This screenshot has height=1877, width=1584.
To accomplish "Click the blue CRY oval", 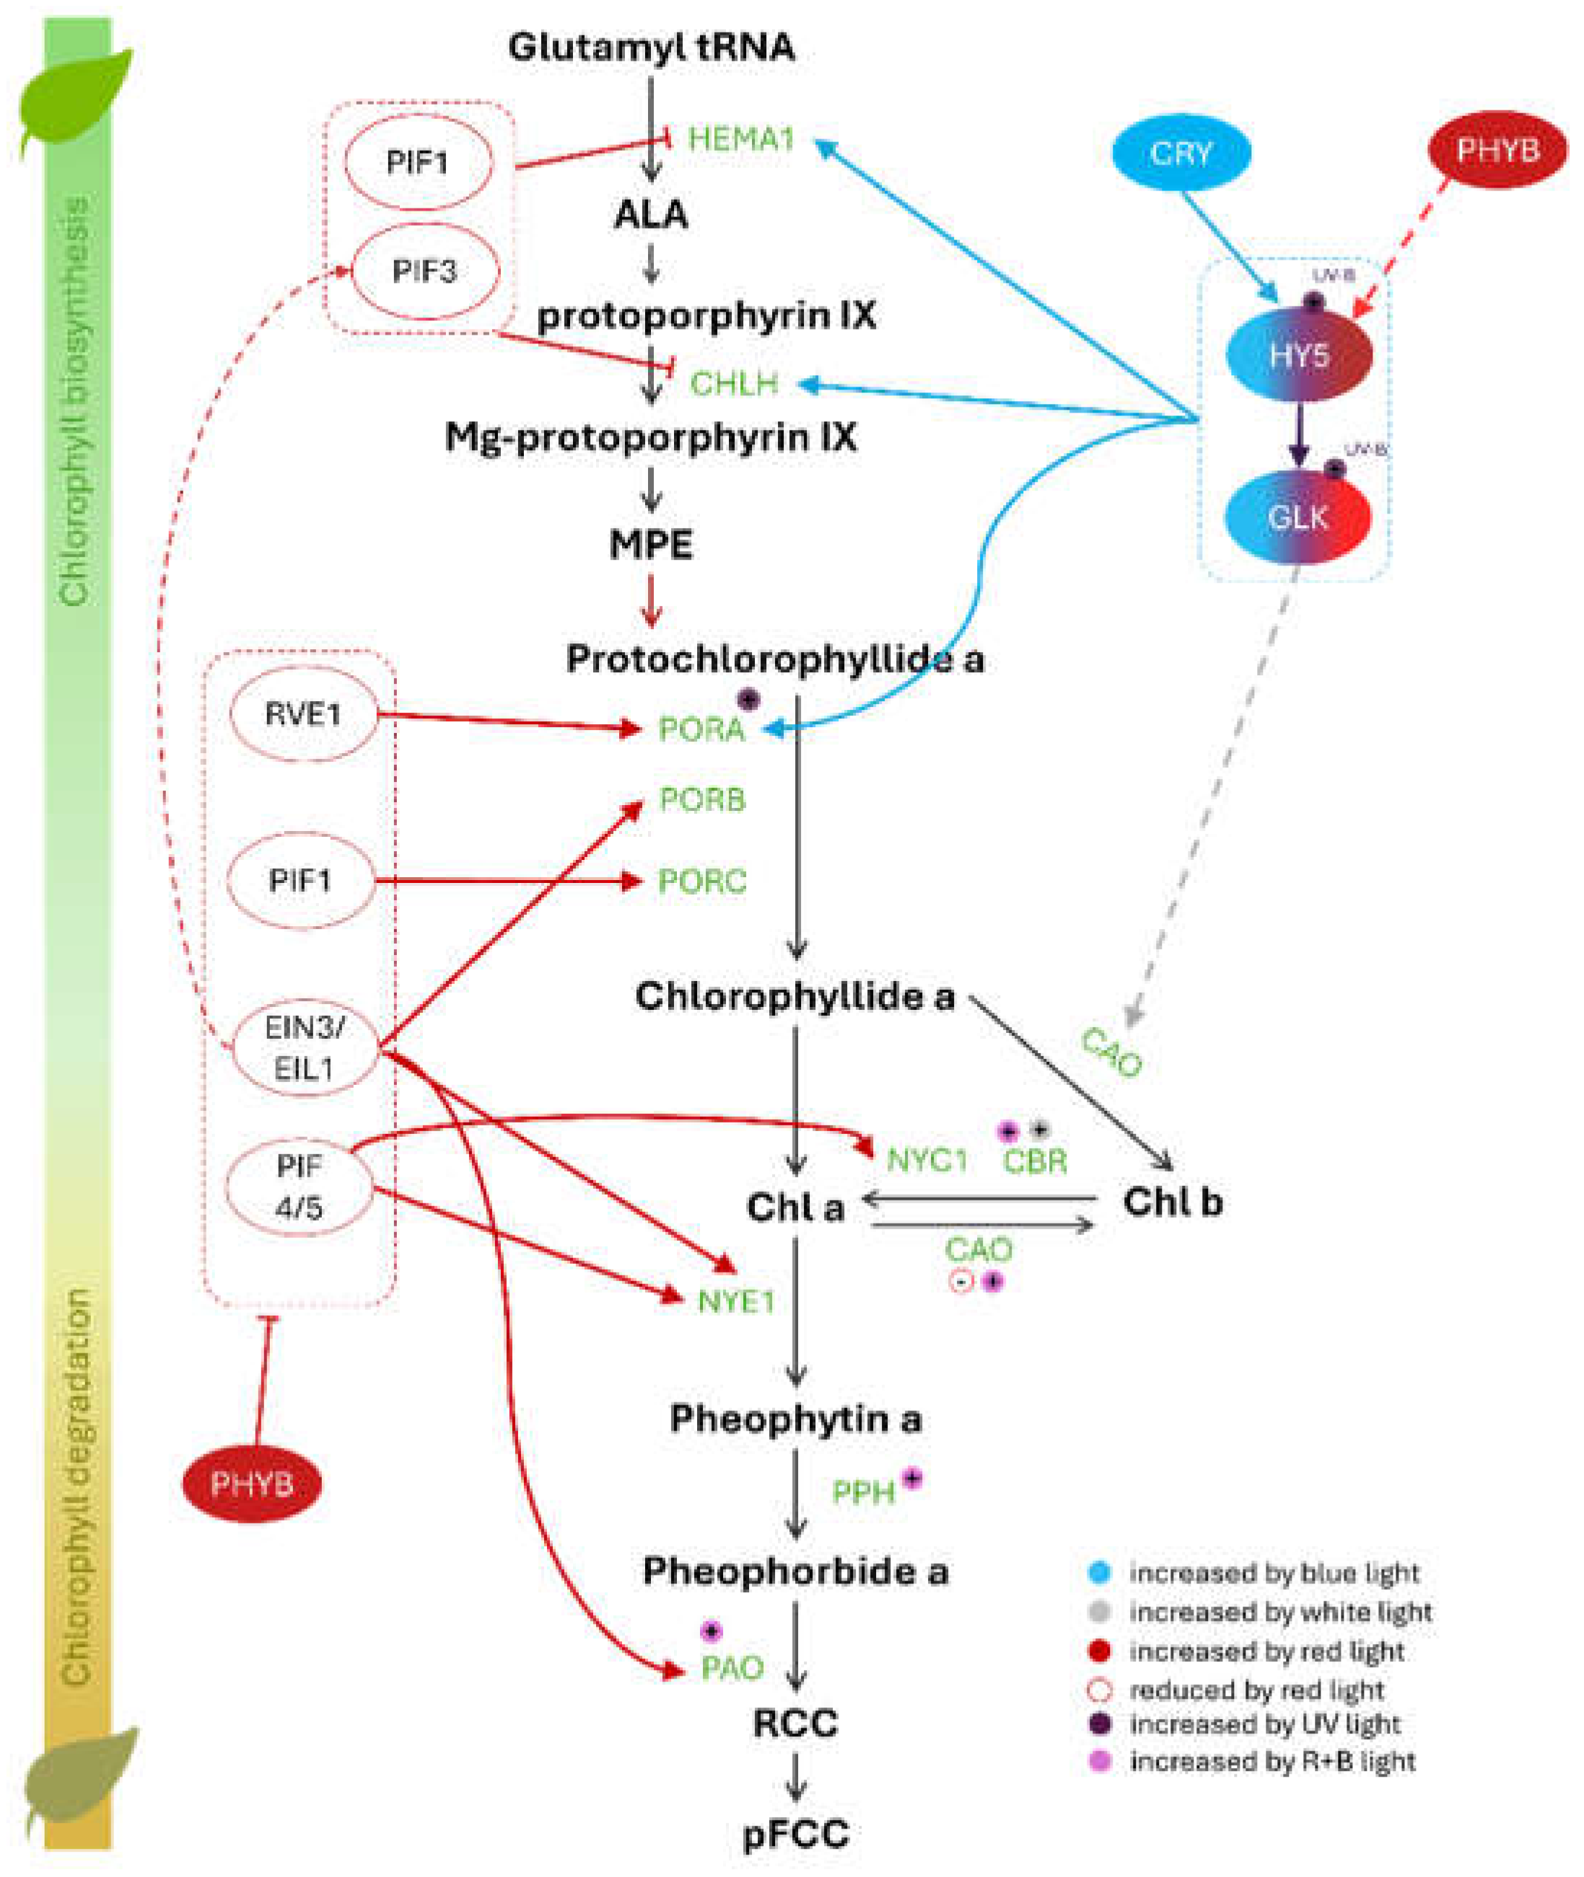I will click(x=1180, y=154).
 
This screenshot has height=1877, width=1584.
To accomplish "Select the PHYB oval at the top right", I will click(x=1497, y=150).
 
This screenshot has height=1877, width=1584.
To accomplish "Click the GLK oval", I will click(x=1298, y=518).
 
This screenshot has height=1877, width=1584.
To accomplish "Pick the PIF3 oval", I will click(x=424, y=271).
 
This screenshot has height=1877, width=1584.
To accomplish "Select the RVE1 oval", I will click(x=304, y=715).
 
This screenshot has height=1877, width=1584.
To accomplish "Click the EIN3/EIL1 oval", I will click(x=304, y=1048).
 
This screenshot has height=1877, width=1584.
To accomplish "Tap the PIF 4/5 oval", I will click(x=299, y=1187).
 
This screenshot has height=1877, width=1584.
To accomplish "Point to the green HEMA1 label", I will click(x=741, y=139).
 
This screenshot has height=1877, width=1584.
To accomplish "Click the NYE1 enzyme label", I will click(x=735, y=1301).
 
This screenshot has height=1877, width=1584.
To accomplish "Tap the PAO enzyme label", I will click(x=732, y=1668).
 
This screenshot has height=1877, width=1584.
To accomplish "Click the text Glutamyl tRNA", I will click(x=651, y=47).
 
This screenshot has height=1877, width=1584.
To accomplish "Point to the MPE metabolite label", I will click(x=651, y=545).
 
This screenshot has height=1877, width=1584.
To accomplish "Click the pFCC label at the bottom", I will click(x=795, y=1833).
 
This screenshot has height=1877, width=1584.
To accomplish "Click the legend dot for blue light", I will click(x=1099, y=1573).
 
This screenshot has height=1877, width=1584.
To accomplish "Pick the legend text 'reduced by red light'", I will click(x=1256, y=1691).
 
